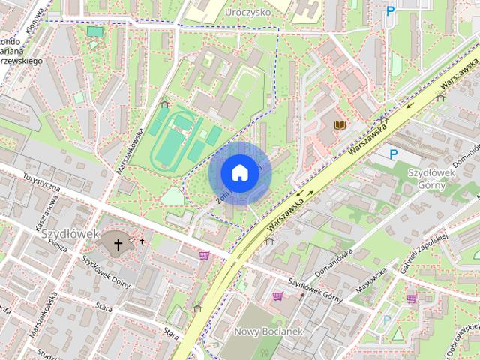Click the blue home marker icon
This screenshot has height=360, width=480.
239,173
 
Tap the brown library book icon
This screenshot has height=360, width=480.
340,124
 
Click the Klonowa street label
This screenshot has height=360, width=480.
34,14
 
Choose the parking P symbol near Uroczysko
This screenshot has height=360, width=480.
389,11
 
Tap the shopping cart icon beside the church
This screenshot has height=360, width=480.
203,255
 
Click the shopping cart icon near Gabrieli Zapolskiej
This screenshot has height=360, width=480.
411,298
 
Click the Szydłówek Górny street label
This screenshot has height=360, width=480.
316,287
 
